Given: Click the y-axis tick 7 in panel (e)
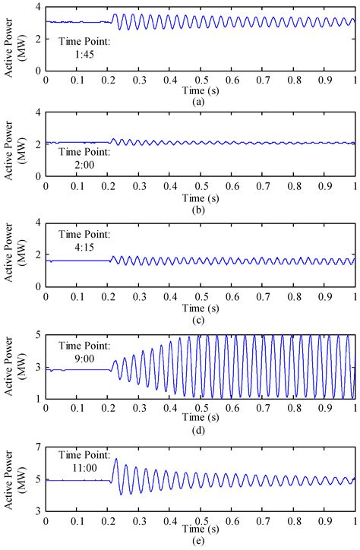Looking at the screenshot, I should click(38, 444).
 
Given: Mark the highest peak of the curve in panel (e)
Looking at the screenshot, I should click(116, 459).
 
